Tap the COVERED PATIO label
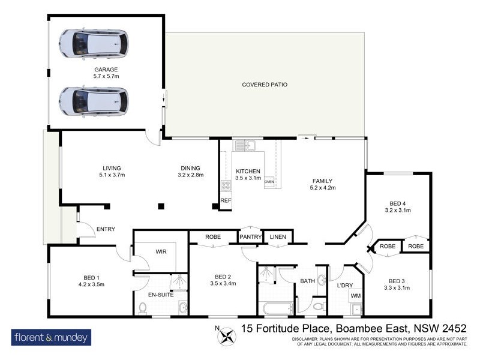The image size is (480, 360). pyautogui.click(x=265, y=85)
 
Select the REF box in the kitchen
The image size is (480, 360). pyautogui.click(x=226, y=200)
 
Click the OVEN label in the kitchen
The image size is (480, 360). pyautogui.click(x=269, y=181)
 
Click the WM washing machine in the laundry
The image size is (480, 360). pyautogui.click(x=356, y=296)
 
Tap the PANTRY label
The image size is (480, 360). pyautogui.click(x=251, y=237)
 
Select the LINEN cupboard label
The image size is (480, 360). pyautogui.click(x=277, y=237)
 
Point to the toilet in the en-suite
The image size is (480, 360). pyautogui.click(x=143, y=308)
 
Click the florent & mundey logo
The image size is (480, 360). pyautogui.click(x=51, y=337)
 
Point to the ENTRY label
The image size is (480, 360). pyautogui.click(x=106, y=229)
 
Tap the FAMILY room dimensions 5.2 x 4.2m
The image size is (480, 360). pyautogui.click(x=322, y=188)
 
